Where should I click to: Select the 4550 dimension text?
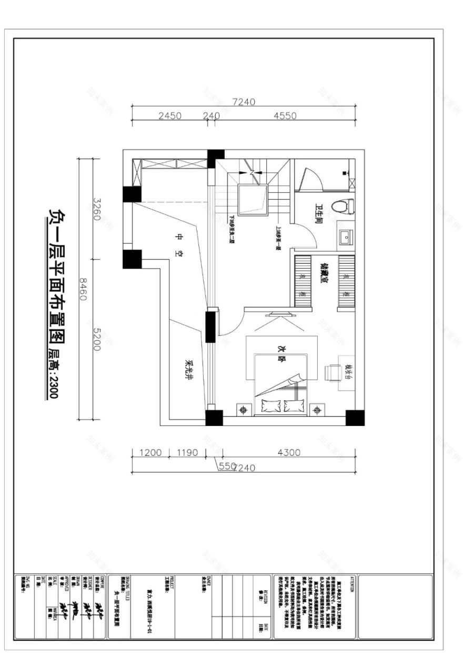click(285, 116)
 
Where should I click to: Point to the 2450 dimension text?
click(169, 116)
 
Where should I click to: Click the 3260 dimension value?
click(96, 209)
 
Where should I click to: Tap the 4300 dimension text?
click(288, 452)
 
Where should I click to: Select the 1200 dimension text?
click(150, 452)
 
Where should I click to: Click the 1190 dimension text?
click(188, 452)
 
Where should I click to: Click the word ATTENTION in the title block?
click(352, 584)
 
